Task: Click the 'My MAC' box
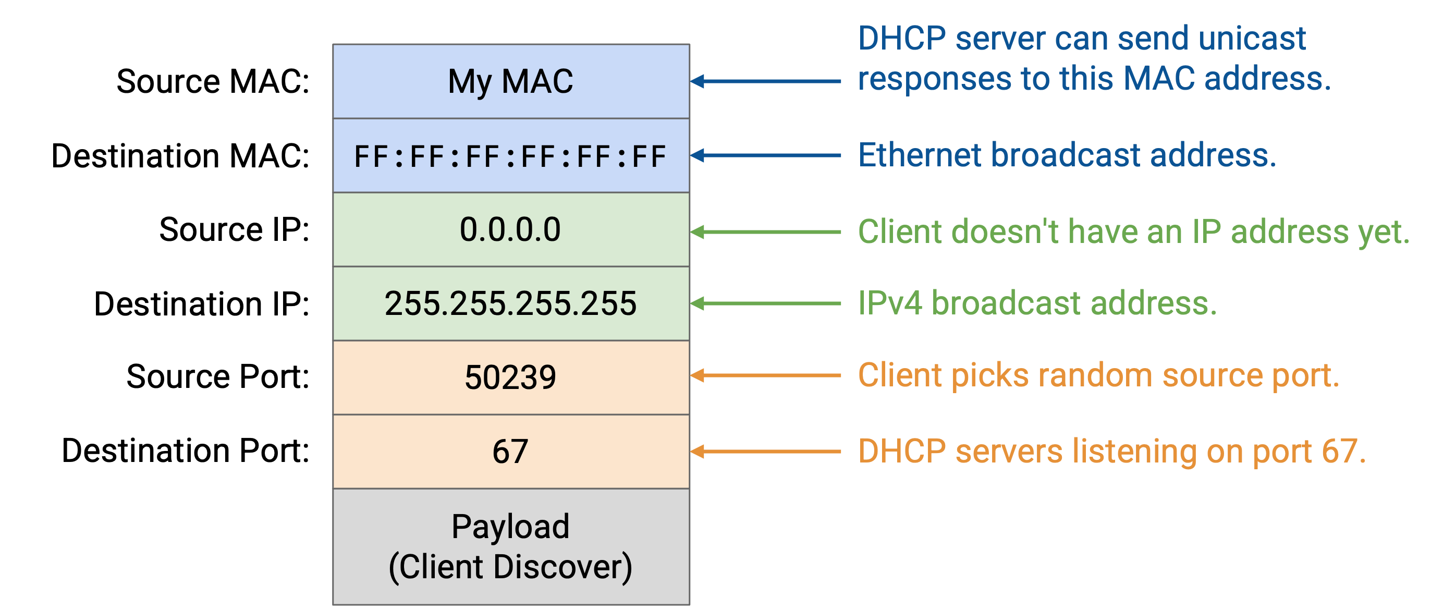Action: coord(511,81)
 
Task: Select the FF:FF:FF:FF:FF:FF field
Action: coord(511,155)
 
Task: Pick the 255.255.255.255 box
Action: coord(511,303)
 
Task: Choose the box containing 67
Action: coord(511,452)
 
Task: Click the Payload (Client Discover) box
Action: coord(511,547)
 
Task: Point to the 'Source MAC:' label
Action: coord(213,81)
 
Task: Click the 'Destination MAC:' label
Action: coord(180,155)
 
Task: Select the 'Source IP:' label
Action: coord(235,230)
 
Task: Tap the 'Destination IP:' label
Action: coord(202,303)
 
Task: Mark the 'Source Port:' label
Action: coord(218,376)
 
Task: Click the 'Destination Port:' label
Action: coord(186,450)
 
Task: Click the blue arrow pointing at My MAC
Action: coord(765,81)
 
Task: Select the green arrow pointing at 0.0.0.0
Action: coord(765,232)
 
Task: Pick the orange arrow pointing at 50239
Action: coord(765,375)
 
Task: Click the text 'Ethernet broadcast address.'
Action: coord(1067,155)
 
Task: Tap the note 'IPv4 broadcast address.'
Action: coord(1037,303)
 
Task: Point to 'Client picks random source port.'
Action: coord(1098,375)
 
